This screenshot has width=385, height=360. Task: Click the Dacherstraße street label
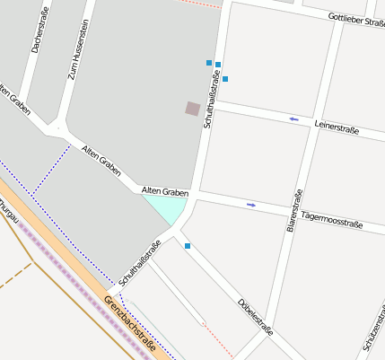click(39, 29)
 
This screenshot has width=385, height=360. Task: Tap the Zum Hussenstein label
click(78, 50)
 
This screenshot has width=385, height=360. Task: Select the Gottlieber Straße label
click(356, 19)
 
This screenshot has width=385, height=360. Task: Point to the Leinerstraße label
click(337, 128)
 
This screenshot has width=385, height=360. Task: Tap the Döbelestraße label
click(256, 315)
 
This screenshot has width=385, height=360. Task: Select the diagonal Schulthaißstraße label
click(139, 262)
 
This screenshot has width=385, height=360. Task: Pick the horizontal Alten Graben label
click(165, 191)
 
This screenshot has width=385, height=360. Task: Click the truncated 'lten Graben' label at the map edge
click(15, 101)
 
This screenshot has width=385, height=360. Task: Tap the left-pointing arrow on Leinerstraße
click(293, 119)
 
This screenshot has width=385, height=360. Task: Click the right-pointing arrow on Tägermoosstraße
click(251, 205)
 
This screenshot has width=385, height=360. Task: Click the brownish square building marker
click(193, 109)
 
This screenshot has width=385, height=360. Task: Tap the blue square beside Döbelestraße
click(188, 245)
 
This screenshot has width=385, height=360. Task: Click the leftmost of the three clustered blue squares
click(209, 63)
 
